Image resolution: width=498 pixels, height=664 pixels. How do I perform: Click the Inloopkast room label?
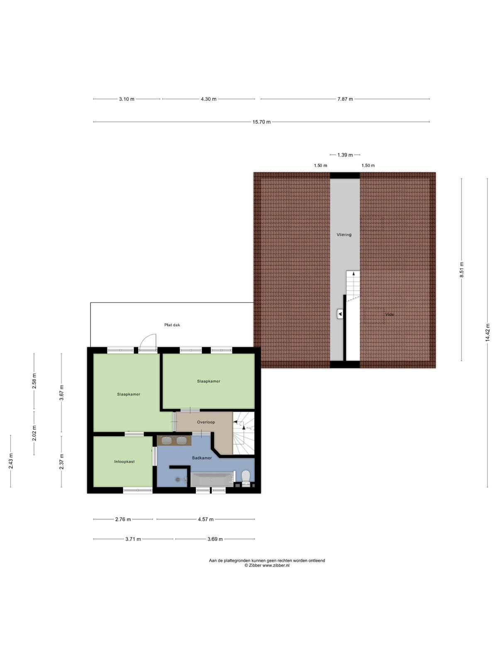(124, 461)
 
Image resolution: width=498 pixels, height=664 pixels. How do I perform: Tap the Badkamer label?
(202, 458)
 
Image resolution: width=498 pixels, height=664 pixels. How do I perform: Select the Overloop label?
(206, 422)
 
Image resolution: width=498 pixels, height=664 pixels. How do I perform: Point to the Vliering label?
(344, 234)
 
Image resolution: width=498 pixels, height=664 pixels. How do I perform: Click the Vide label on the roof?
(389, 314)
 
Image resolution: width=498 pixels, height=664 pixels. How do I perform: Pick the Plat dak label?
(172, 325)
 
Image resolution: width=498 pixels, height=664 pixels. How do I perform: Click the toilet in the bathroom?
(246, 477)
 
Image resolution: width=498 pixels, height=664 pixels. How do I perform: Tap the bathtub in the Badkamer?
(212, 480)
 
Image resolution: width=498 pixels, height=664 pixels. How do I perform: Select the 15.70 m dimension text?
(261, 122)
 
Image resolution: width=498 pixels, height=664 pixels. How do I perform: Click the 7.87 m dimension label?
(345, 99)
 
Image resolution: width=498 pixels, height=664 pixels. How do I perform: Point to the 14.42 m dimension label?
(487, 332)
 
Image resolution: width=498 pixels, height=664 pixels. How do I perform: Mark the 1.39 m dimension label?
(345, 155)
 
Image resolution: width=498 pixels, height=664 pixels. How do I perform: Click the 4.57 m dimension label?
(205, 519)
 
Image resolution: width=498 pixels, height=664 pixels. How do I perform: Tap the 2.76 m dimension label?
(123, 519)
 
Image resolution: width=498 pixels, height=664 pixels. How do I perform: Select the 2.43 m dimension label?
(11, 461)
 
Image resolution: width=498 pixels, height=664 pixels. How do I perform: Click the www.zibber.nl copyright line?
(267, 565)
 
